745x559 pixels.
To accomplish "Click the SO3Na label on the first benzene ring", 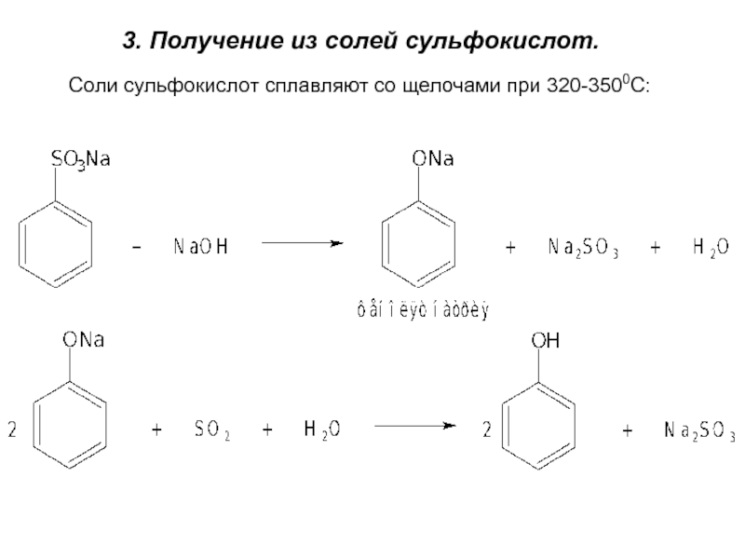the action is [80, 161].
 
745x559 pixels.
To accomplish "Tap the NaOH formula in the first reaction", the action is [200, 247].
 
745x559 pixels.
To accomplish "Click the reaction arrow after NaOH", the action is [302, 244].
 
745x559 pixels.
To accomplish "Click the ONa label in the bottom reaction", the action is [83, 342].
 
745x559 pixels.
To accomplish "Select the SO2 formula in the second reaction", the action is [211, 430].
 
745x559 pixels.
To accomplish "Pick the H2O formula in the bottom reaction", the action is [321, 430].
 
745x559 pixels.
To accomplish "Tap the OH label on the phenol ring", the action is [545, 343].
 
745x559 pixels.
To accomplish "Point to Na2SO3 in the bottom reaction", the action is [698, 430].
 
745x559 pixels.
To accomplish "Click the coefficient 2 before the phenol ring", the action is [487, 430].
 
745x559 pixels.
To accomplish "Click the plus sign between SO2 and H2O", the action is [267, 430].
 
